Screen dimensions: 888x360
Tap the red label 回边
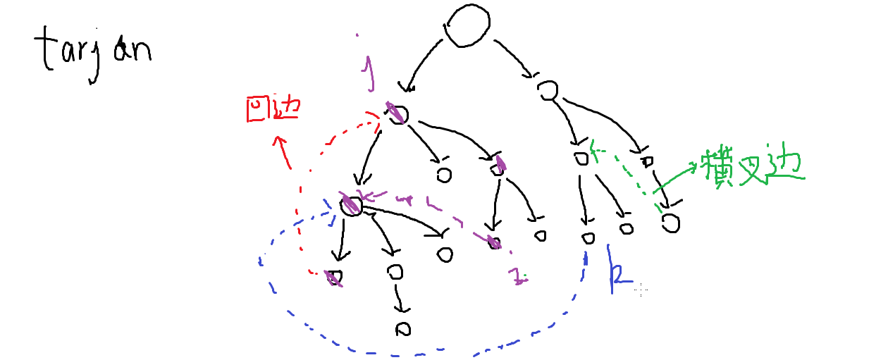click(x=272, y=109)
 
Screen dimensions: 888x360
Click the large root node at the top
click(x=467, y=27)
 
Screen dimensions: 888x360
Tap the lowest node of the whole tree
click(x=402, y=328)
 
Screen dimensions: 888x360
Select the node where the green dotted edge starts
click(x=671, y=223)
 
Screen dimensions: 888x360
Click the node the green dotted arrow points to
click(x=581, y=158)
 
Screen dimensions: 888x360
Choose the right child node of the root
click(x=548, y=90)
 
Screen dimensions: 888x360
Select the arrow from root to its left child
click(x=423, y=67)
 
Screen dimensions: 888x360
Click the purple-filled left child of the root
click(x=397, y=113)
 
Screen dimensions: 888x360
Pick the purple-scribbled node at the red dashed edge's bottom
click(x=334, y=276)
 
